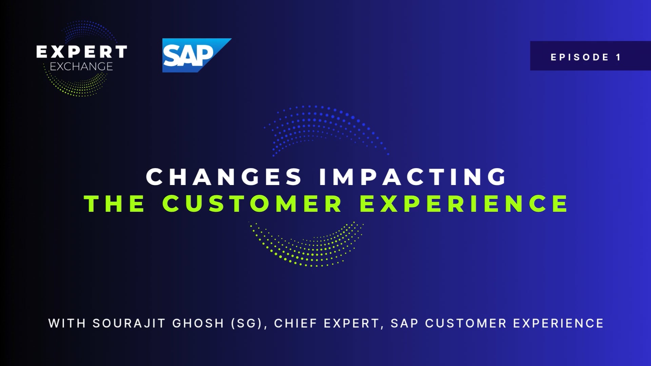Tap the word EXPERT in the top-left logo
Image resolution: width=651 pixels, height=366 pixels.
(82, 52)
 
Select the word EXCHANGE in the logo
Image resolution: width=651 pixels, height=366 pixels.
(81, 66)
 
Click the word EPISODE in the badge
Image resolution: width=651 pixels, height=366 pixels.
(580, 57)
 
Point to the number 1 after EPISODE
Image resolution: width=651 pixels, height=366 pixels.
(618, 57)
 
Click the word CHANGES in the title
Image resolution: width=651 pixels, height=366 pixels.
(224, 177)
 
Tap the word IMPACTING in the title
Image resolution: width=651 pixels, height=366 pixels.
(413, 177)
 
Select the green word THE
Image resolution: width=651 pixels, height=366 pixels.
(115, 203)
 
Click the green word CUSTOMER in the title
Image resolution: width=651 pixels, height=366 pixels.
(252, 203)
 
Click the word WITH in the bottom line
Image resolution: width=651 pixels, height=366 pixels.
(67, 323)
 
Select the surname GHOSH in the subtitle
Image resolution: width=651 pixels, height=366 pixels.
(198, 323)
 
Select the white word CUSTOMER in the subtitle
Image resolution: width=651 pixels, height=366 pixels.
(466, 323)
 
